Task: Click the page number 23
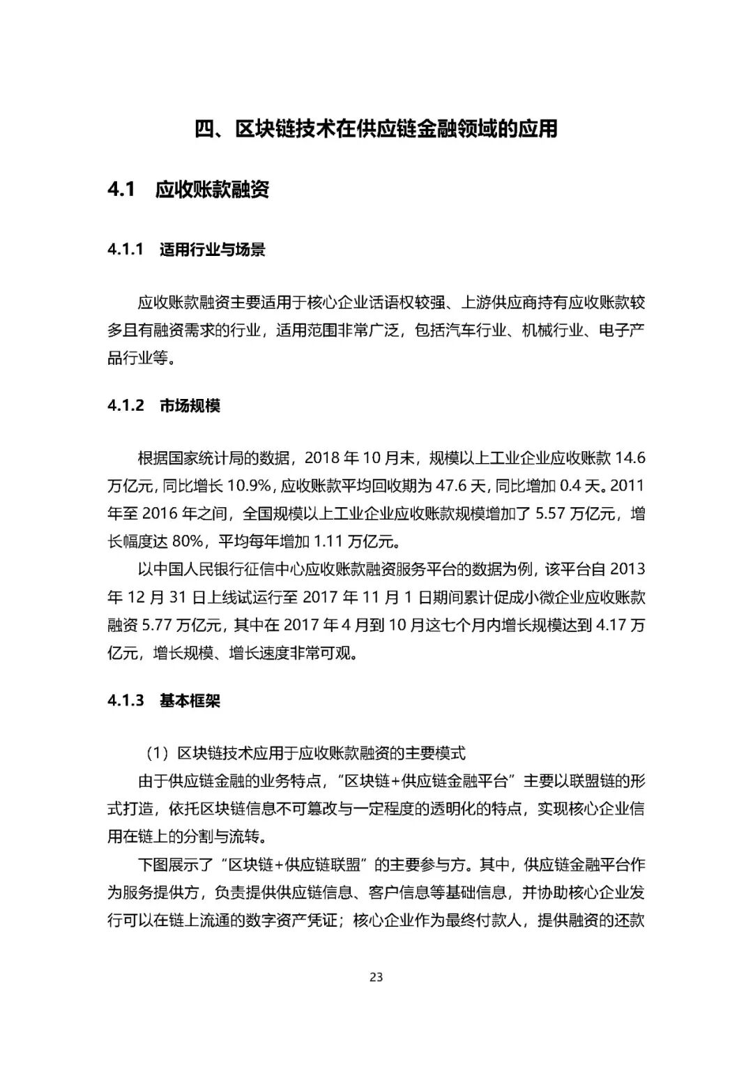click(376, 977)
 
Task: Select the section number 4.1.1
click(125, 250)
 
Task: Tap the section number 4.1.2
click(125, 406)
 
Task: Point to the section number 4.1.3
click(125, 701)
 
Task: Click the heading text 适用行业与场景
click(212, 250)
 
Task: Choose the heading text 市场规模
click(190, 406)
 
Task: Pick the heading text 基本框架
click(190, 701)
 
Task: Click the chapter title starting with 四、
click(376, 130)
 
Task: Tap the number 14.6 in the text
click(631, 458)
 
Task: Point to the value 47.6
click(441, 486)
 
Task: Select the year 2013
click(627, 569)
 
